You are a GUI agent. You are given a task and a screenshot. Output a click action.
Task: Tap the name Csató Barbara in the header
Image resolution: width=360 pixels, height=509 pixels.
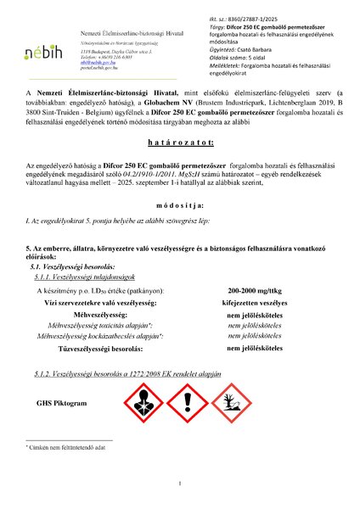pos(238,26)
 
